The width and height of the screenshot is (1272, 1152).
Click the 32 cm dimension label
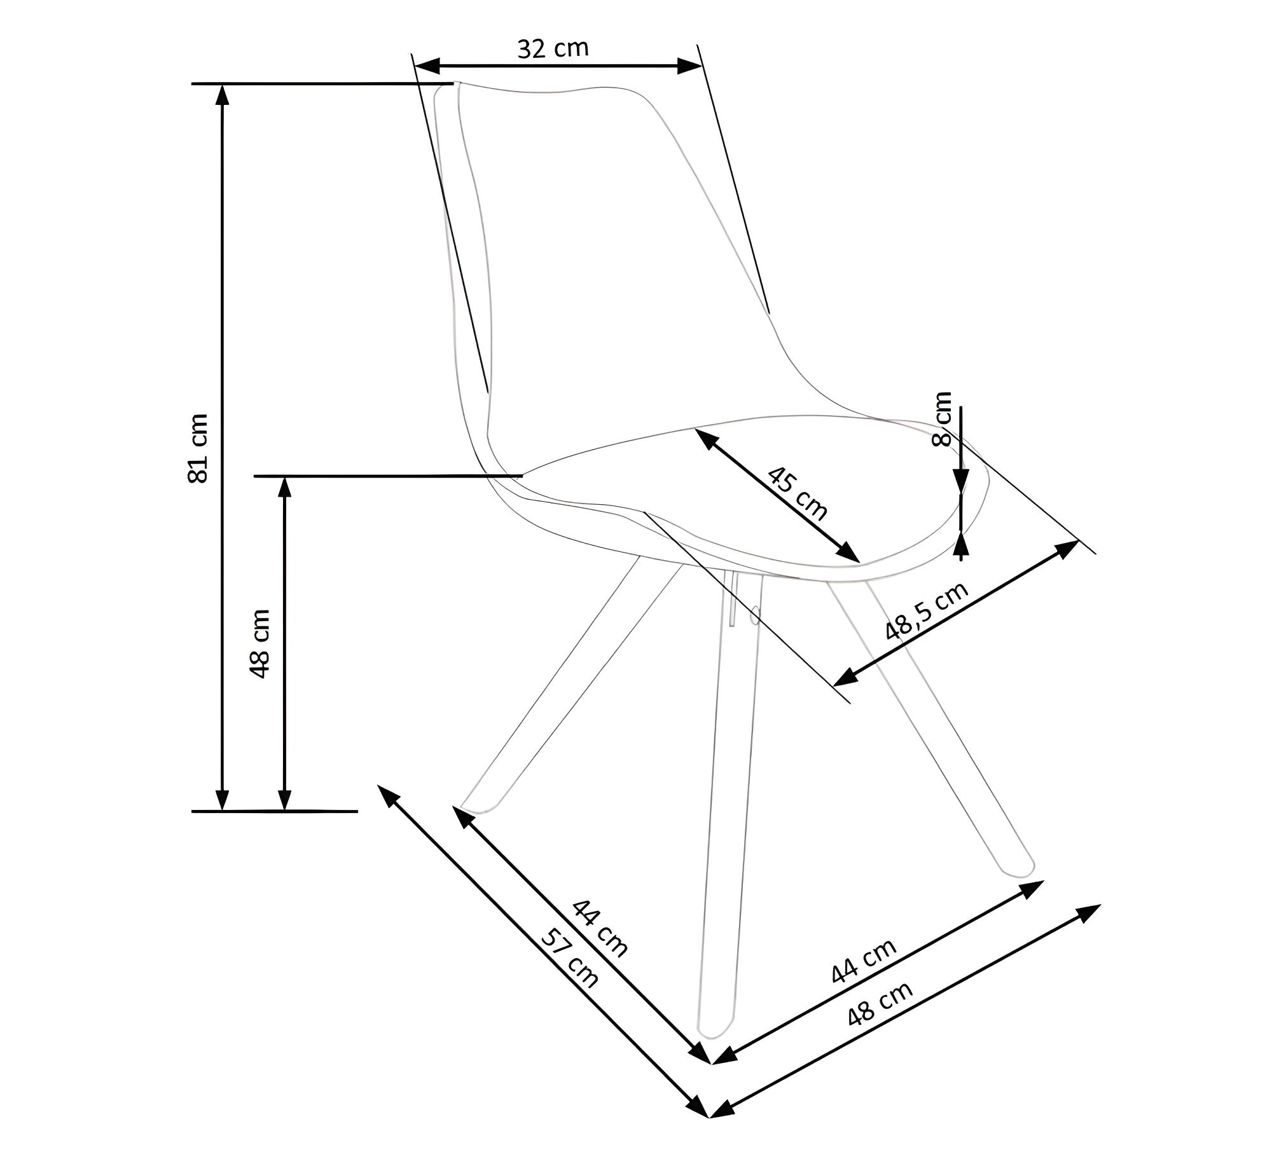click(553, 48)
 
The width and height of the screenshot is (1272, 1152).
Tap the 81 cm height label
click(198, 448)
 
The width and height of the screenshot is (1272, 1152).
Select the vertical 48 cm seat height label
click(260, 643)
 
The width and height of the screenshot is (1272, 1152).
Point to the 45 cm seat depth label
click(798, 493)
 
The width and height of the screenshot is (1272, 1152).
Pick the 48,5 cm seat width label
click(927, 611)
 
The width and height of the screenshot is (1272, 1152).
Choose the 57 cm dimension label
click(569, 958)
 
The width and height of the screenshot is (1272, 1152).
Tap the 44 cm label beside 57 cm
click(600, 928)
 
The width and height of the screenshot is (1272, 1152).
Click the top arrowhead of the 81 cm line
click(222, 94)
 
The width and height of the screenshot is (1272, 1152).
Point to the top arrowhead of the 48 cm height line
click(285, 486)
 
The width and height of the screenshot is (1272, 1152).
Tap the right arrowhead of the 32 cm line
click(689, 65)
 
